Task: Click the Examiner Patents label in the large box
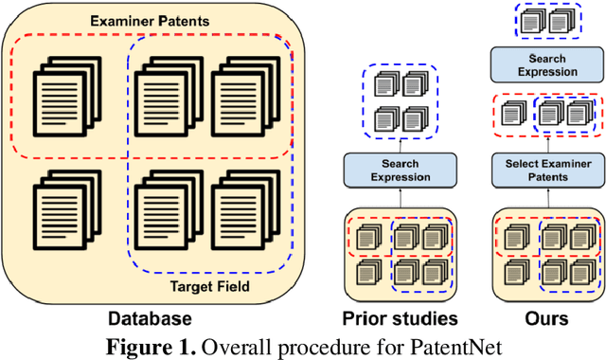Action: [x=151, y=22]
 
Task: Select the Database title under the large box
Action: [x=151, y=318]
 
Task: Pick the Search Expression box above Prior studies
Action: [x=395, y=171]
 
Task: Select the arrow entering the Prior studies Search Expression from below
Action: [x=395, y=197]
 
